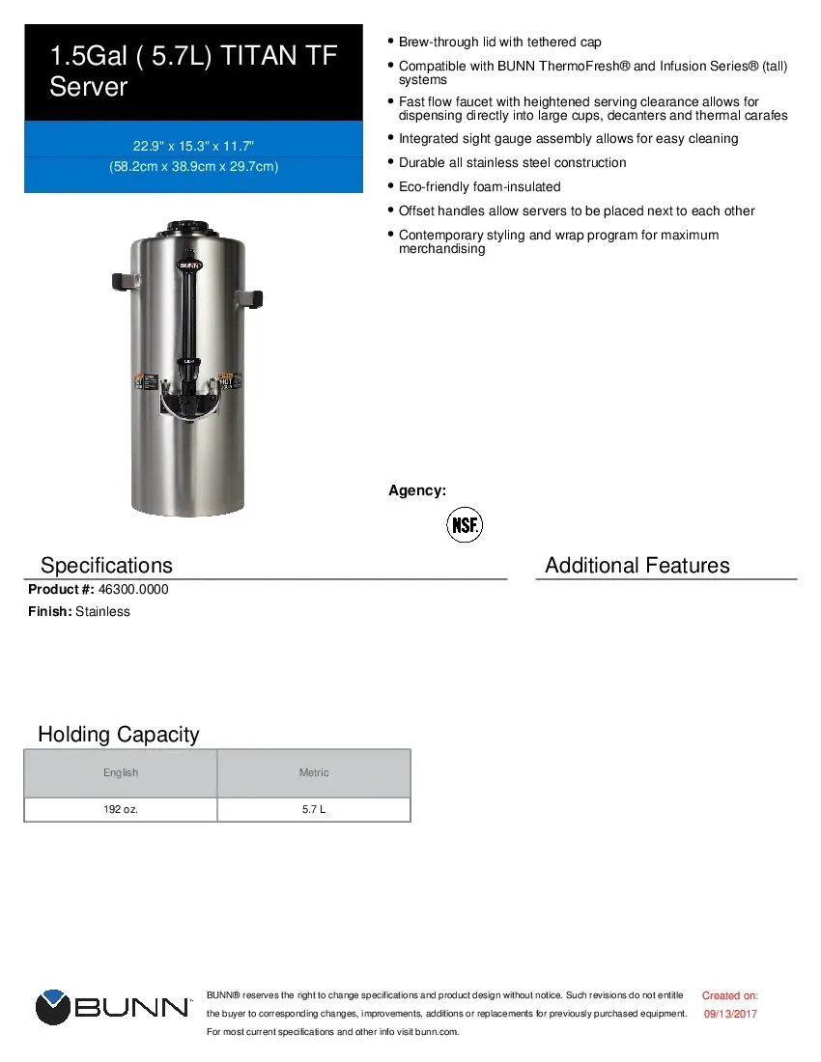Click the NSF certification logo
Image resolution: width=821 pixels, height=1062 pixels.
pyautogui.click(x=464, y=525)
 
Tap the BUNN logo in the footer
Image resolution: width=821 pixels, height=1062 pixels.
pyautogui.click(x=113, y=1007)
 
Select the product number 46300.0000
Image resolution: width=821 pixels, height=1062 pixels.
pyautogui.click(x=133, y=589)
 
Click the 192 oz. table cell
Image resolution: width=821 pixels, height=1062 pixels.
pyautogui.click(x=121, y=809)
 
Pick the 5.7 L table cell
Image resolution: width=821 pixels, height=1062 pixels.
pyautogui.click(x=314, y=809)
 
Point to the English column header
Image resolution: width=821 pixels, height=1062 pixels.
pyautogui.click(x=121, y=772)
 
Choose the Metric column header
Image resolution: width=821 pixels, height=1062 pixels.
pyautogui.click(x=314, y=772)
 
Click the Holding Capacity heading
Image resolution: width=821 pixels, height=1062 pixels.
pyautogui.click(x=118, y=735)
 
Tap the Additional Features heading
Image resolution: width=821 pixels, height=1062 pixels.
pyautogui.click(x=637, y=566)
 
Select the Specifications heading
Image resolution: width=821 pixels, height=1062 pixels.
pyautogui.click(x=106, y=566)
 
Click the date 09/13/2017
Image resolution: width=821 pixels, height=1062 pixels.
pyautogui.click(x=730, y=1014)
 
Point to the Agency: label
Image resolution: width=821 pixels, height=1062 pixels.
pyautogui.click(x=417, y=490)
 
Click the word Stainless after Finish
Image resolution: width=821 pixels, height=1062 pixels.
pyautogui.click(x=102, y=611)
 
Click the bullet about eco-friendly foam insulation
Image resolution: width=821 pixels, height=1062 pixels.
pyautogui.click(x=479, y=186)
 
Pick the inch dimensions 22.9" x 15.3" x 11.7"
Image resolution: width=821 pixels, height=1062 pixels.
pyautogui.click(x=193, y=146)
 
